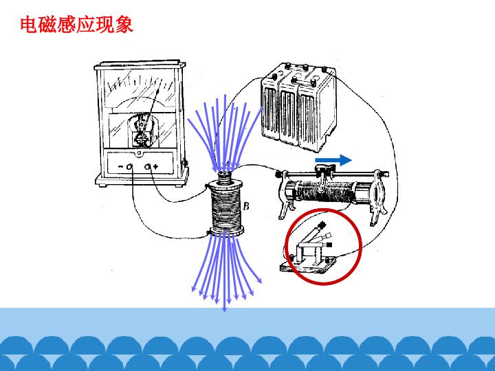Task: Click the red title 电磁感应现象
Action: (x=77, y=25)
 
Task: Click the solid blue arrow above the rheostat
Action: (x=333, y=160)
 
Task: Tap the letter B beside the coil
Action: (x=246, y=206)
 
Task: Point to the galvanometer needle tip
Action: (x=158, y=90)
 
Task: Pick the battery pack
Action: (x=298, y=106)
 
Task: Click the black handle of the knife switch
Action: (x=322, y=225)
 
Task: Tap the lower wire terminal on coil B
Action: (x=209, y=233)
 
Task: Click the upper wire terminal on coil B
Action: (x=208, y=186)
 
